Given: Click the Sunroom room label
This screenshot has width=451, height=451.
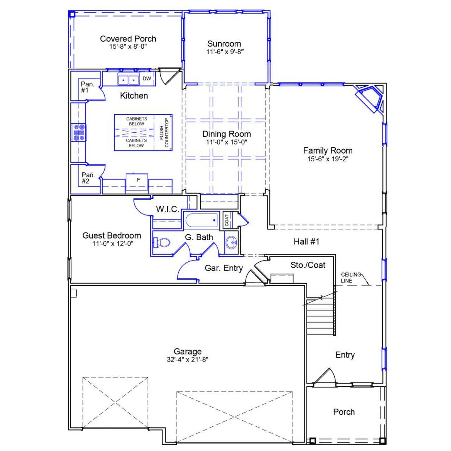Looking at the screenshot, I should coord(224,44).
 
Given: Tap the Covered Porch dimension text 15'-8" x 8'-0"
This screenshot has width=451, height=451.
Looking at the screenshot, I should coord(128,46).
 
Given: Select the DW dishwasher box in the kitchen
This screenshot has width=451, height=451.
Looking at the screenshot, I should coord(147,79).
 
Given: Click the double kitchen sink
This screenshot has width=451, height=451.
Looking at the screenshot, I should coord(128,80).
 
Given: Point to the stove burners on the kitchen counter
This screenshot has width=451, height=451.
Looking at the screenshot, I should coord(79,132).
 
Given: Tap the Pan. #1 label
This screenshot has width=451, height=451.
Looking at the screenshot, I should coord(87,87).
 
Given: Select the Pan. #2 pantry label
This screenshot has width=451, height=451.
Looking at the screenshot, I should coord(88,178).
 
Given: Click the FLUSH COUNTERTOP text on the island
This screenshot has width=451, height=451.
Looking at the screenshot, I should coord(164,132).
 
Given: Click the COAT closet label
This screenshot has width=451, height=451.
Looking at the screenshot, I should coord(227,221).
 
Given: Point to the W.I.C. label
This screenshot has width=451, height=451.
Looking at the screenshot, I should coord(167,209).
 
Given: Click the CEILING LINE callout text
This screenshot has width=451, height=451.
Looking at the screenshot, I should coord(351,278).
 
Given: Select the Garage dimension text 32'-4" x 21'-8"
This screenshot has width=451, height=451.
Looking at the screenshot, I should coord(187,360).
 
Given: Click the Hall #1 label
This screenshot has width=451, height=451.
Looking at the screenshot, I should coord(306,241).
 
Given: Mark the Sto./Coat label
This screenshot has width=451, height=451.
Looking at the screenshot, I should coord(308,265).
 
